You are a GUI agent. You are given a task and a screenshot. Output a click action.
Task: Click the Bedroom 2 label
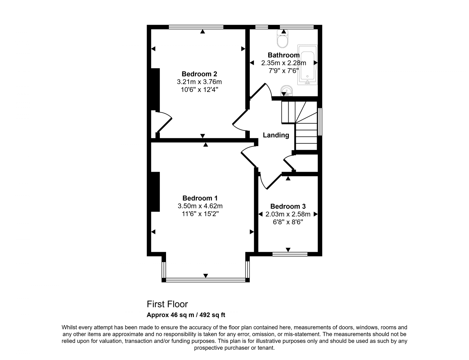[x=199, y=74]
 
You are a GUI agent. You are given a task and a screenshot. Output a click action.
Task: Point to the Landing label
[x=276, y=135]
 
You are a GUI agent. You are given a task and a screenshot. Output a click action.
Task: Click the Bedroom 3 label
[x=288, y=206]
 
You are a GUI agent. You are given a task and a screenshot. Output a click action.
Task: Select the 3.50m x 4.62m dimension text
[x=200, y=206]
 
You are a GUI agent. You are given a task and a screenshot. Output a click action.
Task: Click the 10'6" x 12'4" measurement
[x=199, y=90]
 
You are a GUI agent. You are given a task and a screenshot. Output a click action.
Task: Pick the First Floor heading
[x=167, y=304]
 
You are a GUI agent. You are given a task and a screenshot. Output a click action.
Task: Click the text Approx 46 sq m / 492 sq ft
[x=186, y=315]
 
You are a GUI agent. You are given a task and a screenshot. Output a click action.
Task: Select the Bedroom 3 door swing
[x=269, y=181]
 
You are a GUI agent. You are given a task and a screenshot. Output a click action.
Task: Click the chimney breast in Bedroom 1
[x=155, y=192]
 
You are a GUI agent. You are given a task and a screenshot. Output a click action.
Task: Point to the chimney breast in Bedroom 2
[x=155, y=89]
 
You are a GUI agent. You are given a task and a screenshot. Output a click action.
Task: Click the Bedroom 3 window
[x=290, y=254]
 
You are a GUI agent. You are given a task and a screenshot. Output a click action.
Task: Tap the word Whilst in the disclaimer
[x=69, y=327]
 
